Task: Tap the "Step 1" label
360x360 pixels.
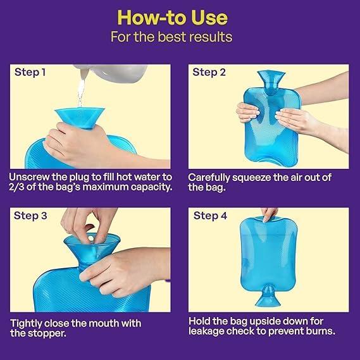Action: (30, 72)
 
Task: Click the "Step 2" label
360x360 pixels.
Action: (209, 72)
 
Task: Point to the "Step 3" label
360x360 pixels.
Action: (30, 215)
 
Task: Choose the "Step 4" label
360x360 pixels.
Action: (210, 215)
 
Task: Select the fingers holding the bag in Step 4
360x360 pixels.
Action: (270, 214)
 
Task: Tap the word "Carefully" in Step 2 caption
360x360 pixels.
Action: (210, 177)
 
